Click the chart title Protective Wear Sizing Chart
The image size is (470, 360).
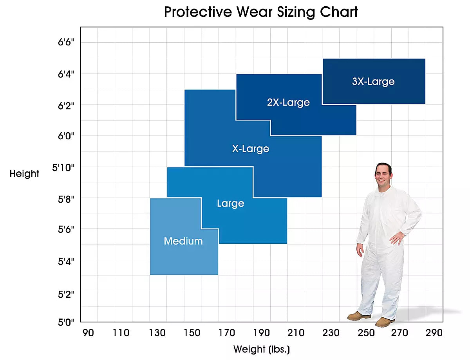tap(261, 12)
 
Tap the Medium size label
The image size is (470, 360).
tap(183, 241)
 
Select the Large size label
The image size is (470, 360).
tap(230, 203)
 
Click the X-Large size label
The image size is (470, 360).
tap(251, 149)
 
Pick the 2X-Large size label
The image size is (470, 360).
tap(288, 103)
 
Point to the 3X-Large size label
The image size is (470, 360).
tap(373, 82)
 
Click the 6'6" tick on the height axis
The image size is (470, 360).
tap(66, 42)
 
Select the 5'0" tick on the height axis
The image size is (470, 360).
tap(66, 322)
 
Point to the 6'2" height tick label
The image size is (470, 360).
tap(66, 105)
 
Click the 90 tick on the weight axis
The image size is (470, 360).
tap(88, 333)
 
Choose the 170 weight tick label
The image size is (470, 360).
tap(226, 333)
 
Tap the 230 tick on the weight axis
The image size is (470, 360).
tap(331, 333)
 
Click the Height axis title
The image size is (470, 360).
tap(24, 173)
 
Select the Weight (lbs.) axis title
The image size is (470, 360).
tap(261, 349)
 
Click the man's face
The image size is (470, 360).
tap(383, 175)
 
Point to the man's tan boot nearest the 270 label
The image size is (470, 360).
tap(385, 322)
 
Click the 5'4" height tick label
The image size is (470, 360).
tap(66, 261)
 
